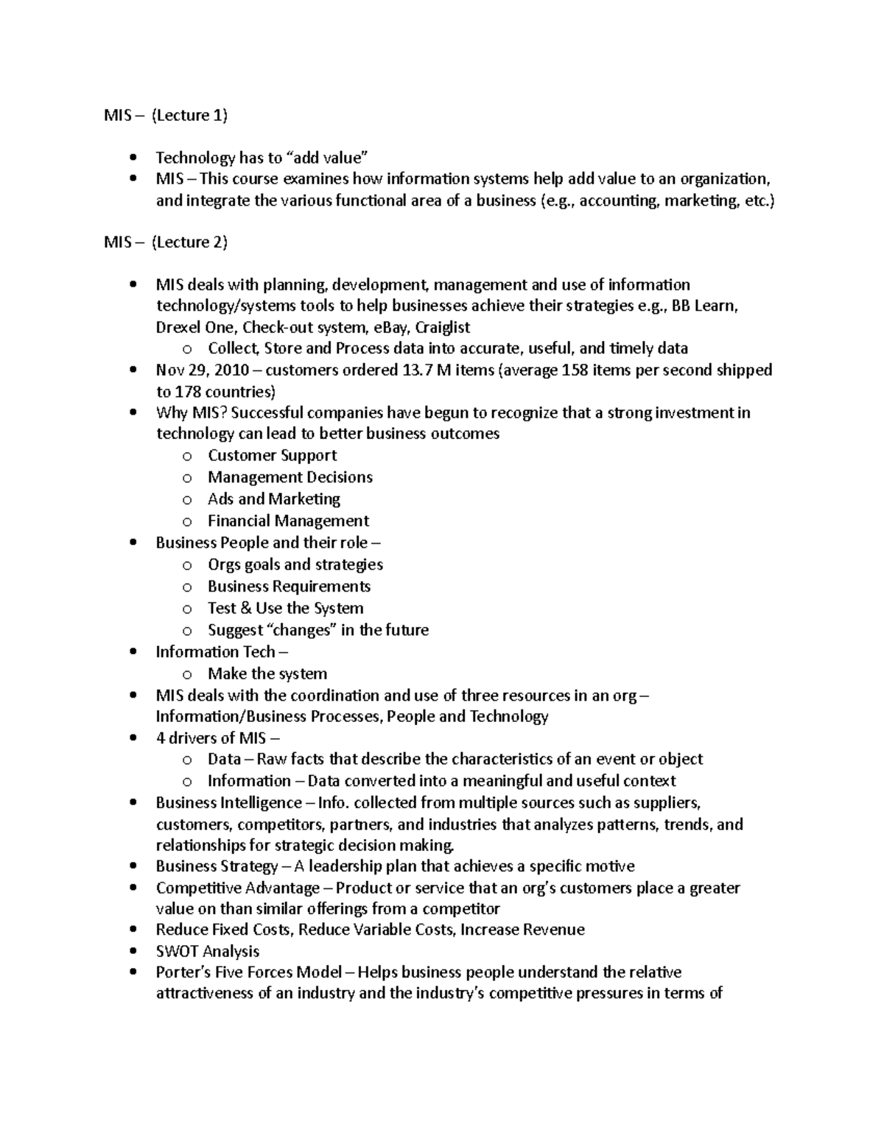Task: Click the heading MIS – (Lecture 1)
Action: pyautogui.click(x=166, y=115)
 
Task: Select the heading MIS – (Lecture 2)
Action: pyautogui.click(x=166, y=242)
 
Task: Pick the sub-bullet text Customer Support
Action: pyautogui.click(x=272, y=456)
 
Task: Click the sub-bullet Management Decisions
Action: pyautogui.click(x=290, y=477)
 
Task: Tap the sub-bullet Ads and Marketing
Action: pyautogui.click(x=273, y=499)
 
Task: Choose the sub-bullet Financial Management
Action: pyautogui.click(x=288, y=521)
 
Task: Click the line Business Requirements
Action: pyautogui.click(x=289, y=586)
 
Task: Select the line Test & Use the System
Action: pyautogui.click(x=285, y=608)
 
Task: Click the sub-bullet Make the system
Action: pyautogui.click(x=267, y=673)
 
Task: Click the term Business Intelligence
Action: pyautogui.click(x=228, y=803)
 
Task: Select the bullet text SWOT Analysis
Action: pyautogui.click(x=207, y=951)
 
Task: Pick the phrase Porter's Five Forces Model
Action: pyautogui.click(x=249, y=972)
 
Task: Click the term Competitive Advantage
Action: pyautogui.click(x=237, y=888)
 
